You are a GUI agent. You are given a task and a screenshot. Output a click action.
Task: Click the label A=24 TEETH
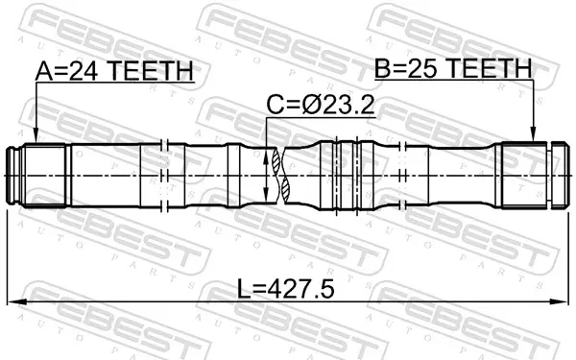(x=114, y=71)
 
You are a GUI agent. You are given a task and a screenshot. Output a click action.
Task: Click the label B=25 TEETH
(x=453, y=68)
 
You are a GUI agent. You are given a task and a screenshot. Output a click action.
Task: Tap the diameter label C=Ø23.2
(x=321, y=105)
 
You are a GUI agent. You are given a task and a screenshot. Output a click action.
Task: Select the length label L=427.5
(x=286, y=289)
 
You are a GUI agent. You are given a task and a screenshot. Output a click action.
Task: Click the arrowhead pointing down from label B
(x=533, y=134)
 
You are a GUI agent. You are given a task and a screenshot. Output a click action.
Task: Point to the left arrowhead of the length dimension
(x=14, y=302)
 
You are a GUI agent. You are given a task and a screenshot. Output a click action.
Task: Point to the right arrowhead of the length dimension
(x=562, y=302)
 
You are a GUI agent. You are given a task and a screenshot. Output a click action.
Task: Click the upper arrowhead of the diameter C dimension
(x=266, y=156)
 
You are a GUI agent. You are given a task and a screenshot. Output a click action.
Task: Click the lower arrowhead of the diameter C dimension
(x=266, y=194)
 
